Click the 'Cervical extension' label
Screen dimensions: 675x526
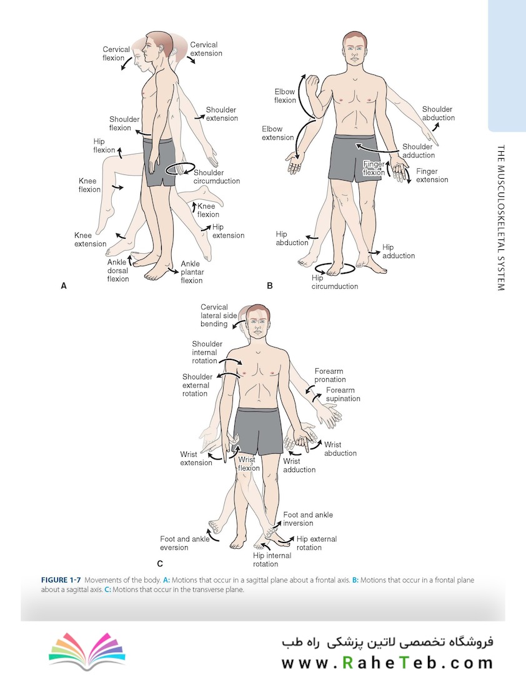click(x=206, y=49)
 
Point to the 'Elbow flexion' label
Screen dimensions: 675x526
click(x=285, y=96)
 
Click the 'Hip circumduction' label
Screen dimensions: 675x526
click(x=335, y=282)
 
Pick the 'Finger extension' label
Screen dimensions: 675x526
click(x=432, y=176)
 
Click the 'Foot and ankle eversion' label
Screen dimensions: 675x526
click(x=184, y=543)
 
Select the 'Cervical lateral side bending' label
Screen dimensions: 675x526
click(x=219, y=316)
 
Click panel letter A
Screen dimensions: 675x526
click(x=63, y=286)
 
